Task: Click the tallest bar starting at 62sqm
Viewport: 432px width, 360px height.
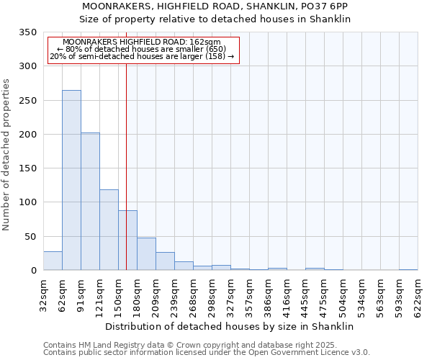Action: [x=71, y=180]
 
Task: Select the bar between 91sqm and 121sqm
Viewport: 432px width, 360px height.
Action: [x=90, y=202]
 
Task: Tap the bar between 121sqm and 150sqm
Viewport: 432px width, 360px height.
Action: [x=109, y=230]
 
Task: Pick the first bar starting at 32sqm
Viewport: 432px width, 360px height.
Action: [x=53, y=261]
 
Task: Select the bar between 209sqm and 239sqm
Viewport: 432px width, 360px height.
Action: [x=165, y=261]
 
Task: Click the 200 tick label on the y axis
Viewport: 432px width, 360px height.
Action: [x=27, y=135]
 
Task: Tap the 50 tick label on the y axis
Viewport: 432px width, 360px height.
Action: [x=30, y=237]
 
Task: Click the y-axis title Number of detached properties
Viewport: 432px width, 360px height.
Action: [x=6, y=156]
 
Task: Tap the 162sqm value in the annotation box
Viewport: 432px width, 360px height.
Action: [x=207, y=42]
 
